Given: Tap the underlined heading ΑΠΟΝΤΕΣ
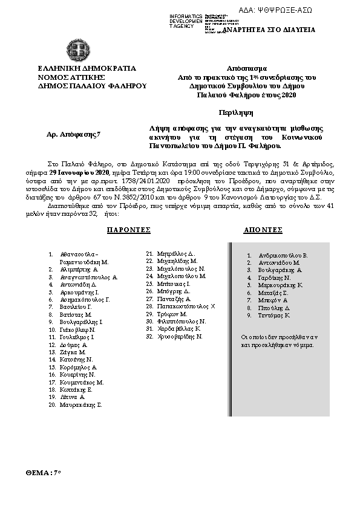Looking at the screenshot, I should (263, 230).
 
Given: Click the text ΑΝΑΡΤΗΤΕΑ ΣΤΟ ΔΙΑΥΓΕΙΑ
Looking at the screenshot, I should (269, 30).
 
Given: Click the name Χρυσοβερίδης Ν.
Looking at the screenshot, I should (178, 336).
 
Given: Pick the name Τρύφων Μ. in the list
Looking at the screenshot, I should (172, 314).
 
